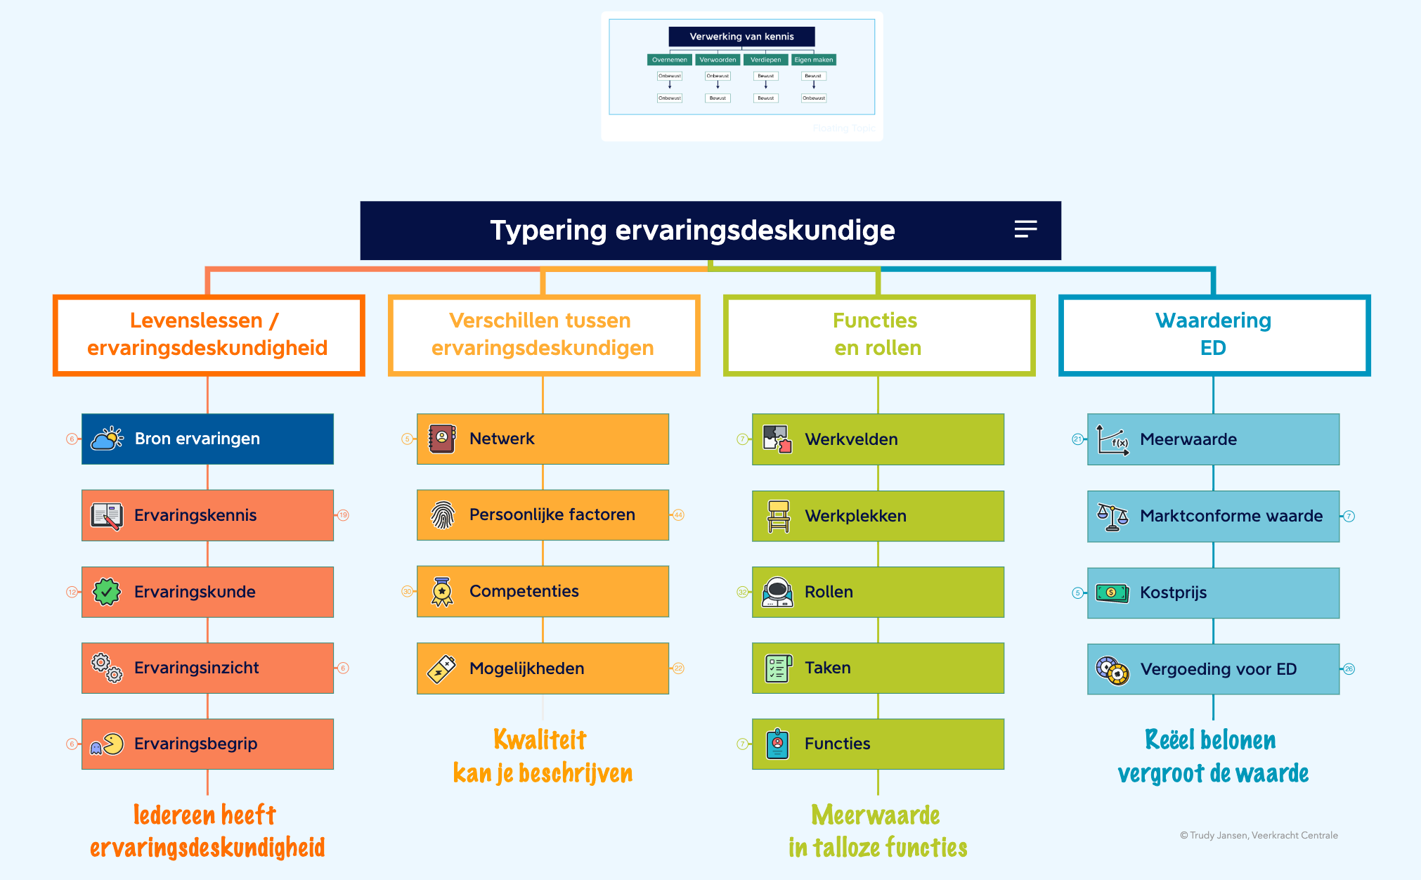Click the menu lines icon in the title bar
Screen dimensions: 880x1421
pos(1025,229)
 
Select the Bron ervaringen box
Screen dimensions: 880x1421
pos(207,439)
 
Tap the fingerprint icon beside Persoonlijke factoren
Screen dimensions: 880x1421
pos(443,515)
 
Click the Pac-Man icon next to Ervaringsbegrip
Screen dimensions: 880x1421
pos(107,744)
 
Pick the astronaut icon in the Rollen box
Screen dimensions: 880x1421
pos(778,592)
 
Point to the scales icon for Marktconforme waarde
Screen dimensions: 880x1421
pos(1112,517)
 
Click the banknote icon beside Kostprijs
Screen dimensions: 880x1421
pos(1112,593)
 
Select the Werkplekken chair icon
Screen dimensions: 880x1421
pos(778,516)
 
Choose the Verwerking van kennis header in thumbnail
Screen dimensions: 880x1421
pos(741,37)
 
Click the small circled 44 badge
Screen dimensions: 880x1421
pos(678,515)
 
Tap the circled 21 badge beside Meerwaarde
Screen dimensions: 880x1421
pos(1077,439)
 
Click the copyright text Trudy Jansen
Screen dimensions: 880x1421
pos(1259,835)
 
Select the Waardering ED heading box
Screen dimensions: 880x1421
pos(1214,335)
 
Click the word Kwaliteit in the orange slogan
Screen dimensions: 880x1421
pos(540,739)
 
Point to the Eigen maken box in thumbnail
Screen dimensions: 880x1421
pos(813,60)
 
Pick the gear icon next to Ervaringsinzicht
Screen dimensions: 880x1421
pos(107,668)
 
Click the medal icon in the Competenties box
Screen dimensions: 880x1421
pos(442,592)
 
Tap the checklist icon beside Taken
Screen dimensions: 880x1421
pos(778,668)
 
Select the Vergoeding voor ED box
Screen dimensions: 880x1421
pos(1214,669)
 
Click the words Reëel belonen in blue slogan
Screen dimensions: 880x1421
pos(1210,740)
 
